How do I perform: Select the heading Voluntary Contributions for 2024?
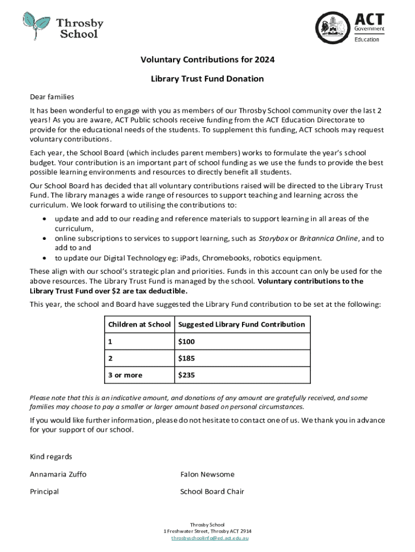click(207, 60)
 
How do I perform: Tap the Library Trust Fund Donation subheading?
click(207, 79)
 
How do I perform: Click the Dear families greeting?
click(52, 97)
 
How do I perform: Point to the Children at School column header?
click(140, 325)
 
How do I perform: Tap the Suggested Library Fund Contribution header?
click(241, 325)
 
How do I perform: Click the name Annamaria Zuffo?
click(58, 474)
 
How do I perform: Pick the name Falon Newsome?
click(207, 474)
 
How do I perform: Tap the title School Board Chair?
click(212, 492)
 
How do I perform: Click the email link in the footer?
click(207, 538)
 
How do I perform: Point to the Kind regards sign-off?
click(51, 457)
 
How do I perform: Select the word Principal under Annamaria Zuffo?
click(44, 492)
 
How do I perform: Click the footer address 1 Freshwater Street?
click(207, 532)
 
